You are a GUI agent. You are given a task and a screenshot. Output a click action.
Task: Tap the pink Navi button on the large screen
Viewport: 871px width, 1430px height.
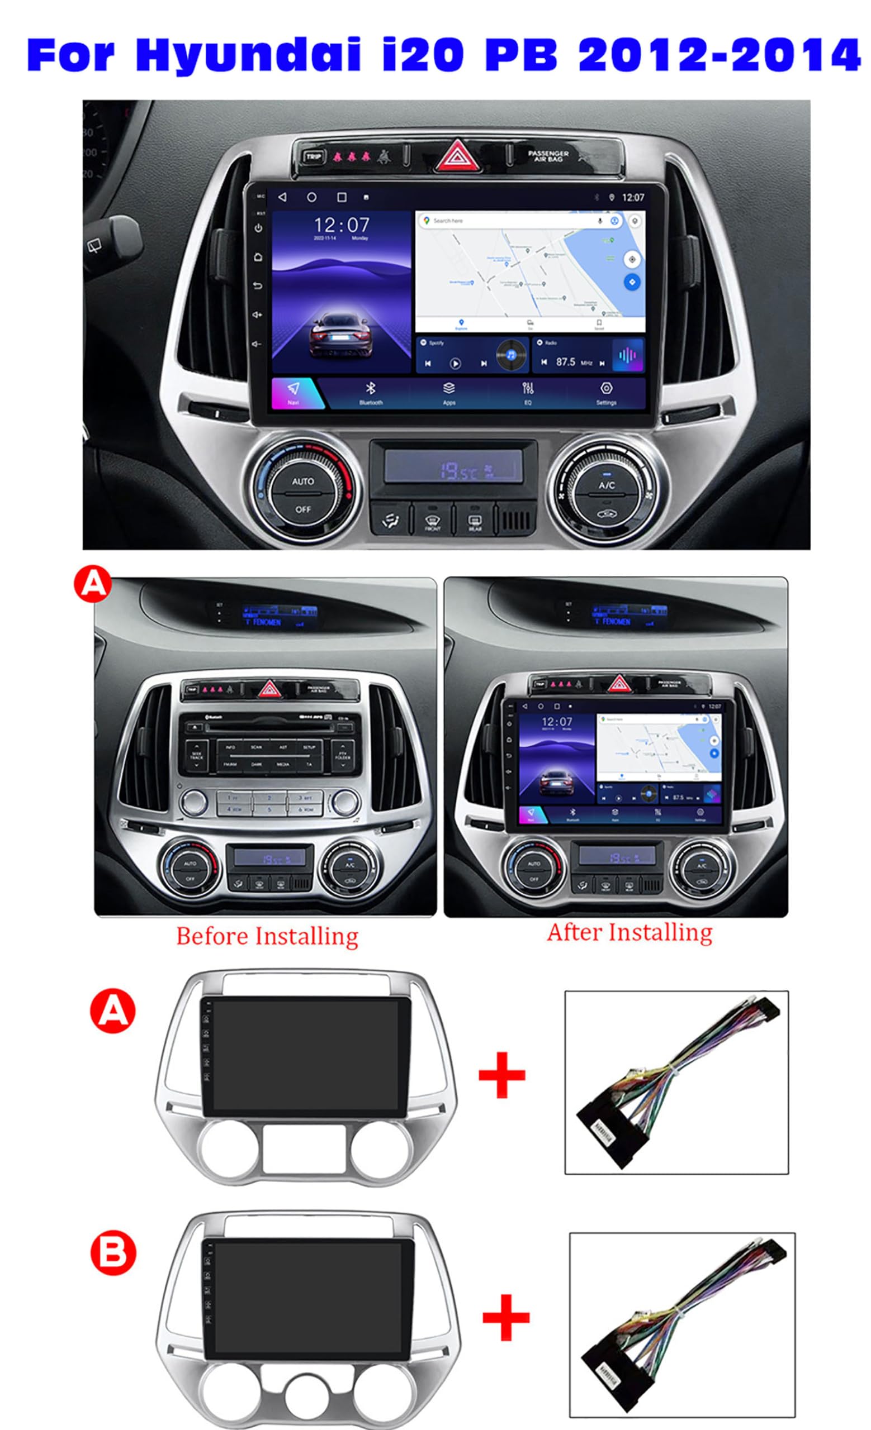pyautogui.click(x=294, y=393)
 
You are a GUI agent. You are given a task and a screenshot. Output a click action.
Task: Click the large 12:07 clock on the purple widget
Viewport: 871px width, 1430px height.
pyautogui.click(x=341, y=225)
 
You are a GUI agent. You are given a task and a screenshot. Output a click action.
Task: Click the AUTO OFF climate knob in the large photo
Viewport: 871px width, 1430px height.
pyautogui.click(x=302, y=494)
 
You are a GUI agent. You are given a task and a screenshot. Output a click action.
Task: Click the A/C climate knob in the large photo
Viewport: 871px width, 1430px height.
pyautogui.click(x=606, y=494)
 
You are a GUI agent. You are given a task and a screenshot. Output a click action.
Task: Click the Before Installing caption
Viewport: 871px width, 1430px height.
pyautogui.click(x=267, y=936)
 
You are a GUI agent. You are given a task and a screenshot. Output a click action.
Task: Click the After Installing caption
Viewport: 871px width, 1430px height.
pyautogui.click(x=629, y=932)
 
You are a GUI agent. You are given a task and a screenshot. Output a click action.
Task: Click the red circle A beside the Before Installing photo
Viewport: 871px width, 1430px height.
pyautogui.click(x=92, y=584)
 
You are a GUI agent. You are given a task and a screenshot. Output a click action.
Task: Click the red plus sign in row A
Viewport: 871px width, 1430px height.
pyautogui.click(x=501, y=1075)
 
